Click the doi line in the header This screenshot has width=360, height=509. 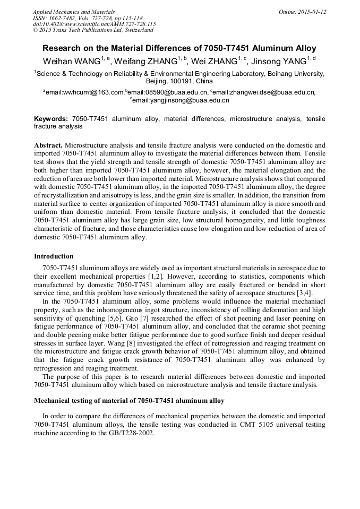click(x=94, y=24)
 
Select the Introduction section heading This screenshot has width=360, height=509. click(x=54, y=256)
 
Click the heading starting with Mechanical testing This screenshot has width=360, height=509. click(x=129, y=400)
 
